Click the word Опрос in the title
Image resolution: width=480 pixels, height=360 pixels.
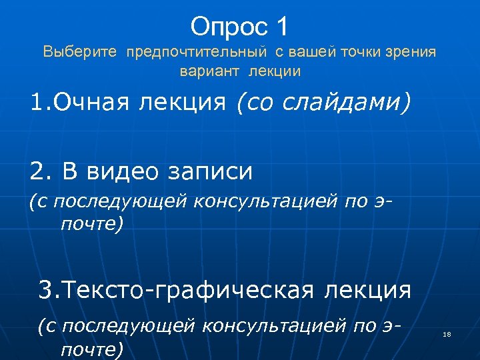point(227,27)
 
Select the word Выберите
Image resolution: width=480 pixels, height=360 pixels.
point(80,51)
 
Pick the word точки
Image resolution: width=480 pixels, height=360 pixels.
point(360,51)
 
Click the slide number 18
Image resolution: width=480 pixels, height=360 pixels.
point(447,335)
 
